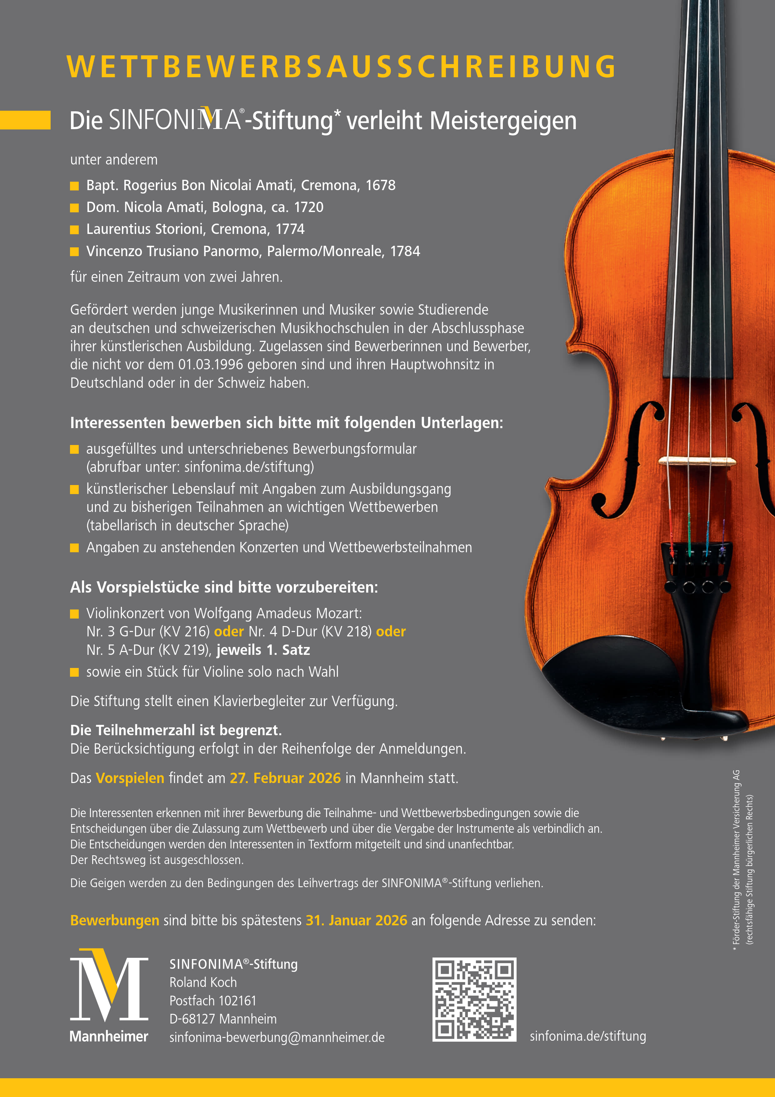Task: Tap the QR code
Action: pyautogui.click(x=474, y=999)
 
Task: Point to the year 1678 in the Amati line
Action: pyautogui.click(x=381, y=185)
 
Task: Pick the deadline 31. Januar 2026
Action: pyautogui.click(x=356, y=920)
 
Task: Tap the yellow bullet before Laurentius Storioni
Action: pyautogui.click(x=74, y=230)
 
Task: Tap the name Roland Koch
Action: pyautogui.click(x=203, y=982)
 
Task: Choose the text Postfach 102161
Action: pyautogui.click(x=213, y=1000)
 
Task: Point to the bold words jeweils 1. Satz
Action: pyautogui.click(x=263, y=650)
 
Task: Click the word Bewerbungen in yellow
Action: pyautogui.click(x=115, y=920)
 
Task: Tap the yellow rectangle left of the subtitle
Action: pyautogui.click(x=25, y=120)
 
